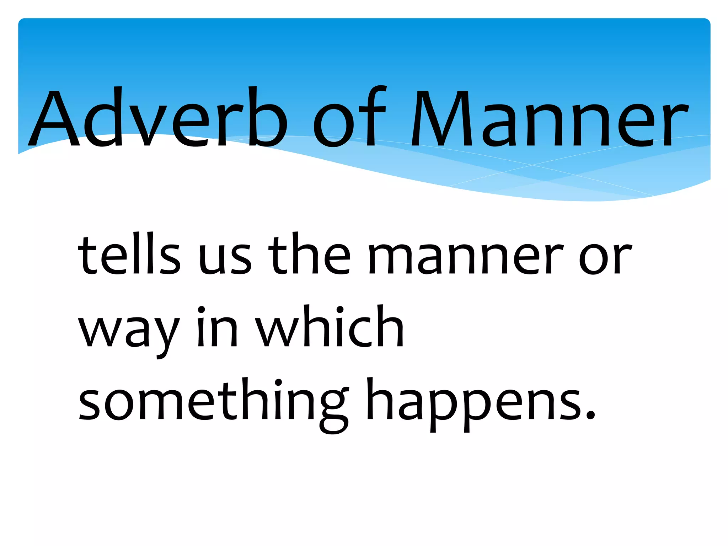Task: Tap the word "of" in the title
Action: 349,117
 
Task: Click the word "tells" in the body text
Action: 129,254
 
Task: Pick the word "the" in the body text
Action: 309,254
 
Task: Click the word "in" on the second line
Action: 217,327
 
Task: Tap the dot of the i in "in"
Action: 202,309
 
